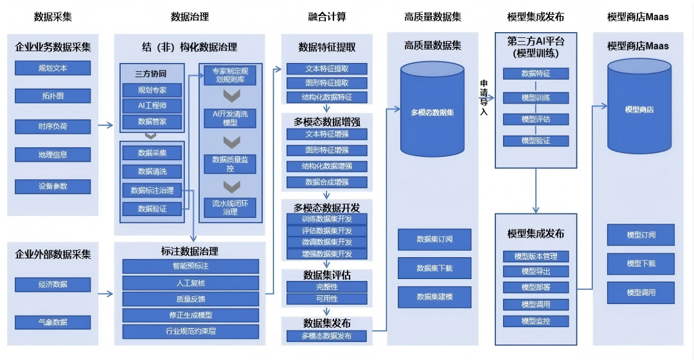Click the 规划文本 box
53,67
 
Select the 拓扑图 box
53,96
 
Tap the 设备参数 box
53,186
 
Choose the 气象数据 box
53,321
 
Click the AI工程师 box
152,105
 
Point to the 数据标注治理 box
152,190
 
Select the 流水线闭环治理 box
229,207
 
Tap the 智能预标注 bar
190,265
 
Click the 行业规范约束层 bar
190,332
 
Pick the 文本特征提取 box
326,69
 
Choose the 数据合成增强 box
326,182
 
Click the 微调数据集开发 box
326,242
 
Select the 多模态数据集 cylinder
432,113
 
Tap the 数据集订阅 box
434,239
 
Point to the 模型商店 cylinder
639,110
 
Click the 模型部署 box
536,287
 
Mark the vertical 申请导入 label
484,97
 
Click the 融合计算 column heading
326,17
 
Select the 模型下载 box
641,264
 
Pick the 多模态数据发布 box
326,336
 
